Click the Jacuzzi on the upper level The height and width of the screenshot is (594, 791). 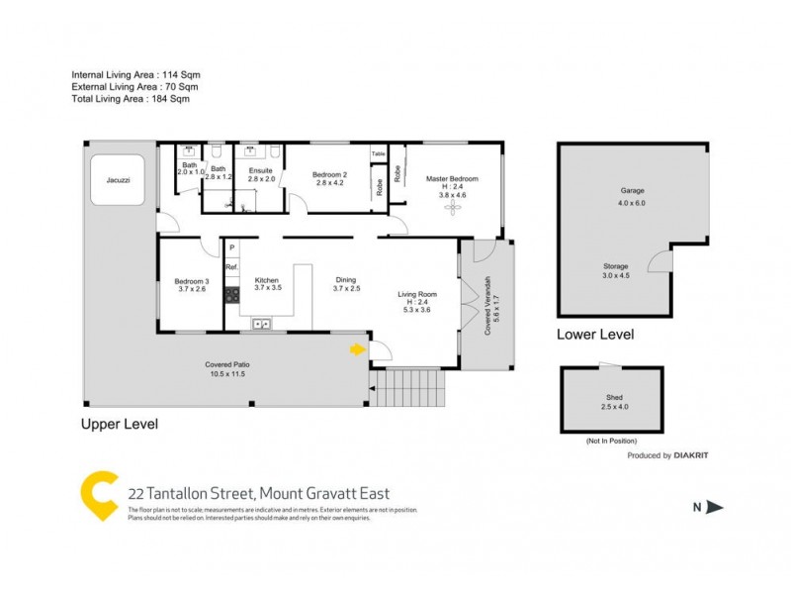[x=118, y=180]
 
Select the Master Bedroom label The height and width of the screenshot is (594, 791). [x=452, y=179]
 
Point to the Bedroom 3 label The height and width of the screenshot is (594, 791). [x=189, y=282]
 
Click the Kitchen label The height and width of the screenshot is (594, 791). [x=268, y=281]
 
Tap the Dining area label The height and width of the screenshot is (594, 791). [x=346, y=281]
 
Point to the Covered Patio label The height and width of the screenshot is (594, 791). [x=226, y=366]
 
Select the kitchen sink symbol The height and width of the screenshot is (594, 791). [x=263, y=322]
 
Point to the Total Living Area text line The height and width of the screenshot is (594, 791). [x=130, y=99]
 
